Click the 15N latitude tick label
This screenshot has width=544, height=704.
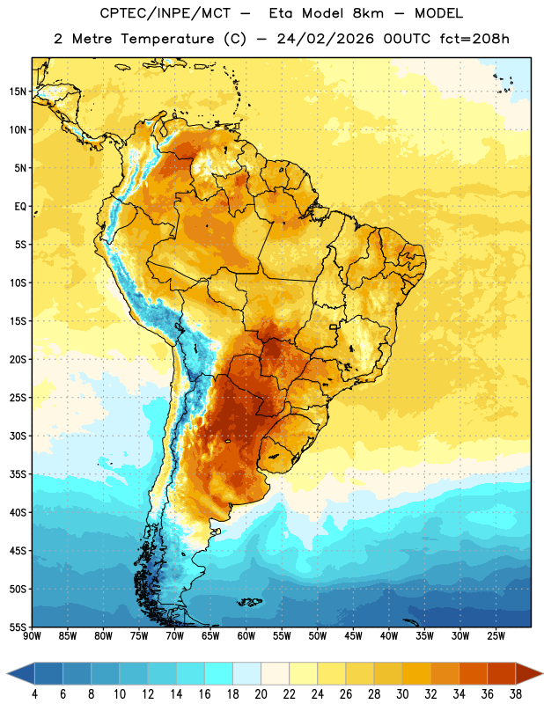pos(18,92)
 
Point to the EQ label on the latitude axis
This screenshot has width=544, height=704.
pos(20,207)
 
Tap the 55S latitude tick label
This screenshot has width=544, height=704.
pos(18,627)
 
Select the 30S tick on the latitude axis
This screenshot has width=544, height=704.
pos(18,436)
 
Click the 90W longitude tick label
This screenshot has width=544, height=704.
pos(32,636)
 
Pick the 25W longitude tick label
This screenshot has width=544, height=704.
pos(496,636)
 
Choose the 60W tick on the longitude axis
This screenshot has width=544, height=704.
pos(246,636)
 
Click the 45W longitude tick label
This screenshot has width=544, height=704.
pos(353,636)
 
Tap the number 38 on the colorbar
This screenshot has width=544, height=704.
pos(516,694)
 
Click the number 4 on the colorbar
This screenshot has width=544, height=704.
pos(34,694)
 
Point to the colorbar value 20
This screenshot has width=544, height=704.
pos(261,694)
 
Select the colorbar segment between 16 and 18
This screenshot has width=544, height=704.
pos(219,673)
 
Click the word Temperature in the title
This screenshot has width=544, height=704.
pos(167,39)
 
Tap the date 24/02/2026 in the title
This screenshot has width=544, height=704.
pos(325,39)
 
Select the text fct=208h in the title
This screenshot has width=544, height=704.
pos(474,39)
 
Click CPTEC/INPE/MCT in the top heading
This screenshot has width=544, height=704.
pos(165,13)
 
